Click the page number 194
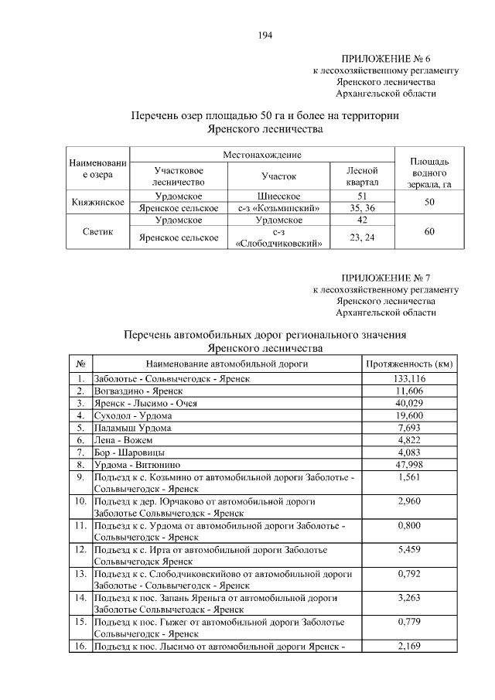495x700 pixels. tap(266, 35)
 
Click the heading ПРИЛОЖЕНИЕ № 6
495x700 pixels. tap(385, 59)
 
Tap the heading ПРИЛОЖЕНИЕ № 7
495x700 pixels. tap(385, 278)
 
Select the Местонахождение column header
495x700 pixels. tap(263, 155)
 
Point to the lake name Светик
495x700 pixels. tap(99, 231)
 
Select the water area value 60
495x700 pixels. tap(428, 231)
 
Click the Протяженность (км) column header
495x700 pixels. tap(408, 364)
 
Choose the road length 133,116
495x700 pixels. tap(409, 378)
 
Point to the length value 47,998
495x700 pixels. tap(409, 464)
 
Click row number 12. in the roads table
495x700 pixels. tap(80, 549)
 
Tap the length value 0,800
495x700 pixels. tap(409, 525)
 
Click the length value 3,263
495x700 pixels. tap(409, 597)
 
